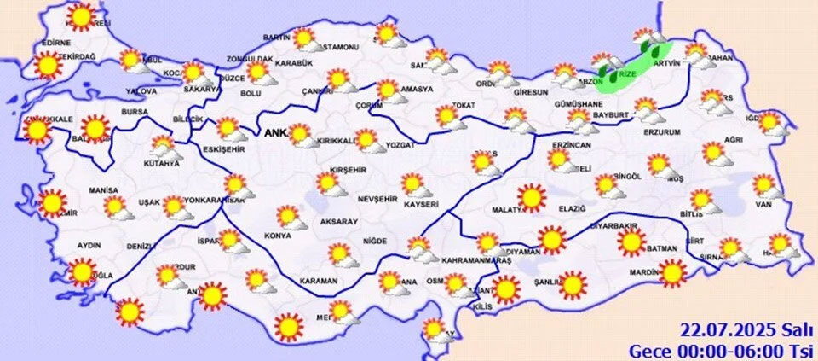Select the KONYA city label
click(x=278, y=236)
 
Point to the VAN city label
click(x=763, y=204)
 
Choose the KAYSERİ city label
click(x=422, y=205)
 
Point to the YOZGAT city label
click(x=399, y=146)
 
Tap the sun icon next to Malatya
click(x=532, y=198)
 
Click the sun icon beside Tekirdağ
click(x=48, y=64)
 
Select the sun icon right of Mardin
click(x=672, y=272)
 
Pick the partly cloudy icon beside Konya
click(x=291, y=218)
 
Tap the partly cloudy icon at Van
click(x=765, y=186)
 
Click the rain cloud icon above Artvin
click(x=644, y=38)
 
